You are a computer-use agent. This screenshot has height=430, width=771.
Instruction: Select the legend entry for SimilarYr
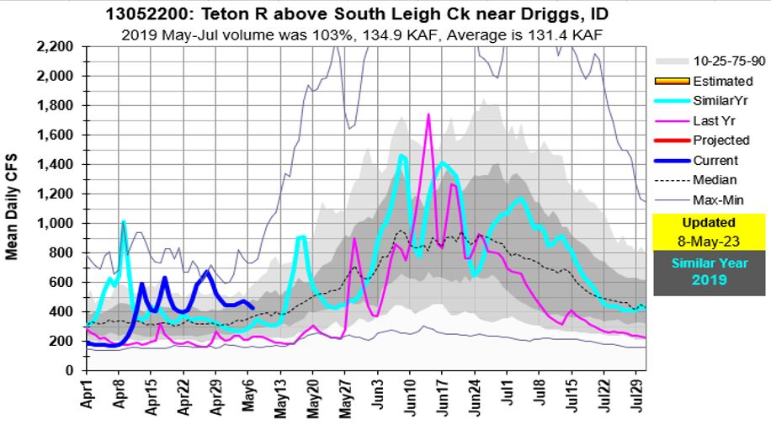(x=723, y=101)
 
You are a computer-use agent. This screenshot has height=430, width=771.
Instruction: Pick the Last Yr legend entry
(x=716, y=121)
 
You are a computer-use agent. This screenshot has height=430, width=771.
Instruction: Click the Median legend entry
(x=715, y=180)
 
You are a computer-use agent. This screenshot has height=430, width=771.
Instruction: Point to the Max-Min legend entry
(x=718, y=199)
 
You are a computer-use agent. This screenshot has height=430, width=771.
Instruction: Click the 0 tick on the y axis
(x=70, y=370)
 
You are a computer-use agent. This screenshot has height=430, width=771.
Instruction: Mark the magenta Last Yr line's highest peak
(x=428, y=114)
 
